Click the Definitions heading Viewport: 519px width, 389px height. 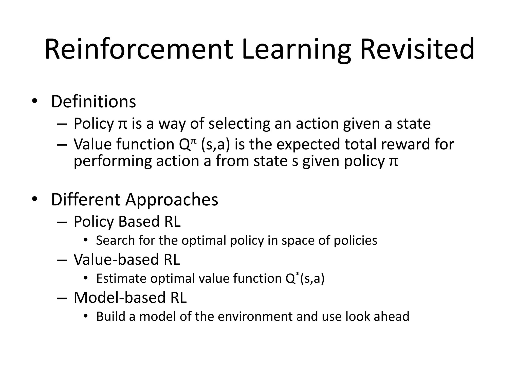tap(94, 102)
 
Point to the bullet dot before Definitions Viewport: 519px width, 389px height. tap(34, 102)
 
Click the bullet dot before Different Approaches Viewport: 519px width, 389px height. tap(34, 199)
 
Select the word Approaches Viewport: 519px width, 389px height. tap(172, 200)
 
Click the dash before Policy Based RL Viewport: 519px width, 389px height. tap(62, 222)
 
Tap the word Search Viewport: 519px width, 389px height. tap(115, 240)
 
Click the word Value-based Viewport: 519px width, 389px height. tap(116, 260)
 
